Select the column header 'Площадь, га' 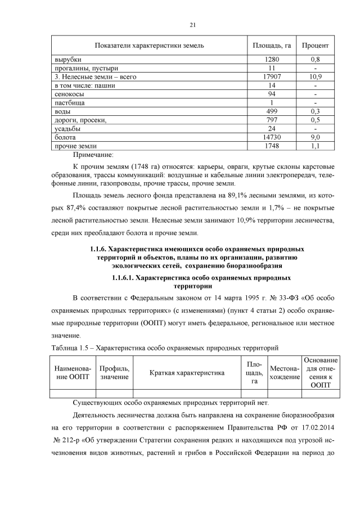[272, 44]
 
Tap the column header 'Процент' [315, 44]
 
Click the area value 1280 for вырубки [272, 59]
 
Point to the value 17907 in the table [272, 76]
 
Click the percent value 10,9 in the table [315, 76]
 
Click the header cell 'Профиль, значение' [114, 372]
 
